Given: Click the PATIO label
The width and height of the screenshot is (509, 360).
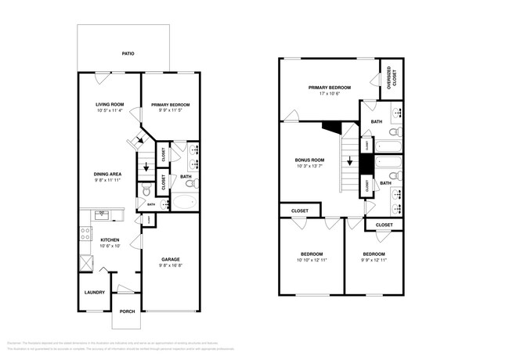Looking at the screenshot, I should (x=128, y=54).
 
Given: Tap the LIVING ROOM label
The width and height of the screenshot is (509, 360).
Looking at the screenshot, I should (x=110, y=104).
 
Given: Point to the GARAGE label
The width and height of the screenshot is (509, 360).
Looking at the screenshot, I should (x=171, y=259).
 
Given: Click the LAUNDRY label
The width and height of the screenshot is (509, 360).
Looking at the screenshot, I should (x=95, y=293).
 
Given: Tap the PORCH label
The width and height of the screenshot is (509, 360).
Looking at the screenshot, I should (x=127, y=311).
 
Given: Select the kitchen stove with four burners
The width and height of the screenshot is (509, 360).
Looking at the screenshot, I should (x=85, y=232).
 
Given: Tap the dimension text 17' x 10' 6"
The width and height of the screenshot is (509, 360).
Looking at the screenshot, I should (x=329, y=94).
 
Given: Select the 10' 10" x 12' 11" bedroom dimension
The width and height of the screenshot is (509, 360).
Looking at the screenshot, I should (x=312, y=259).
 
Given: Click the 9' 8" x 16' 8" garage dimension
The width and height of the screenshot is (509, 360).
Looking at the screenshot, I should (x=171, y=265).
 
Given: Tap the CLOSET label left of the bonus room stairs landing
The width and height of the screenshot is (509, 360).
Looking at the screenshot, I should (x=299, y=211).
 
